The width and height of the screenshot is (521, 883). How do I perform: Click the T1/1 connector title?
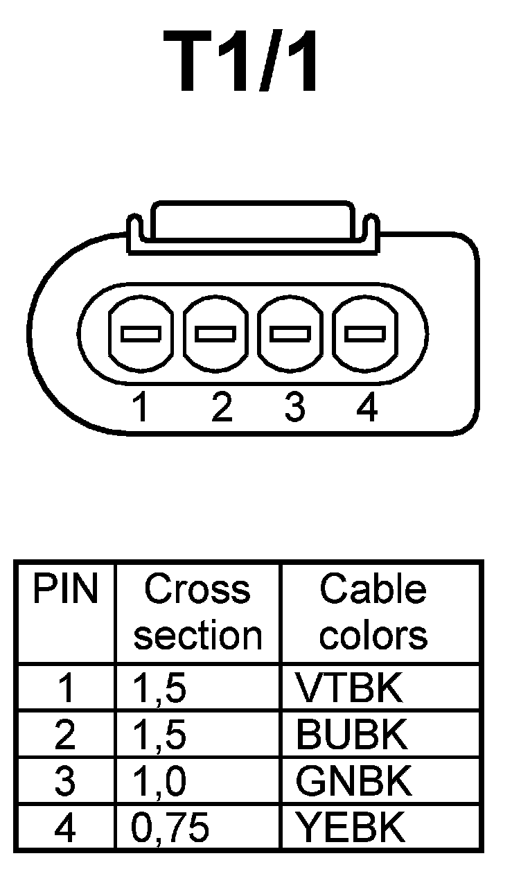pyautogui.click(x=243, y=62)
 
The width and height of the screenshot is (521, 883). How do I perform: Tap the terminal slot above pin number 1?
pyautogui.click(x=141, y=333)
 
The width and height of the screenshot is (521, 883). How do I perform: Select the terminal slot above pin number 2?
pyautogui.click(x=215, y=333)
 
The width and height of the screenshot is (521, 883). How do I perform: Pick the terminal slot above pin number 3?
pyautogui.click(x=290, y=333)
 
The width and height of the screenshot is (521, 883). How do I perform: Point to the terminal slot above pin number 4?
pyautogui.click(x=365, y=333)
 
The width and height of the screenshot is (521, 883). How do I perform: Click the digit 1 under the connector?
pyautogui.click(x=141, y=408)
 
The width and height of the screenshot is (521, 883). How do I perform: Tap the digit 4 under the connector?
pyautogui.click(x=367, y=408)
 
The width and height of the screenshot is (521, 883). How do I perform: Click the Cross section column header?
pyautogui.click(x=197, y=612)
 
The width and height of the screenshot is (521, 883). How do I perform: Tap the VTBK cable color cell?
pyautogui.click(x=349, y=688)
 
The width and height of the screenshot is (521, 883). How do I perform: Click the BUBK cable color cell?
pyautogui.click(x=352, y=735)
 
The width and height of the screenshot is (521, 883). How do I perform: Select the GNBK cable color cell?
pyautogui.click(x=353, y=781)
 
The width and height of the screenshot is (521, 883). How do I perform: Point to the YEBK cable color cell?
pyautogui.click(x=350, y=828)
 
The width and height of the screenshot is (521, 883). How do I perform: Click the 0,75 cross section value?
pyautogui.click(x=170, y=828)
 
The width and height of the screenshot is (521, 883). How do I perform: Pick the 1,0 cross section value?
pyautogui.click(x=159, y=781)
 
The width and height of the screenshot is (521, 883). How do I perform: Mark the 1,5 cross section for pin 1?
pyautogui.click(x=159, y=688)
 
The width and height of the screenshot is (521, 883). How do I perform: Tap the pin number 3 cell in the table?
pyautogui.click(x=65, y=781)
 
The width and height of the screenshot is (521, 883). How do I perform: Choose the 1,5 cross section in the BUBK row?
pyautogui.click(x=159, y=735)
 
